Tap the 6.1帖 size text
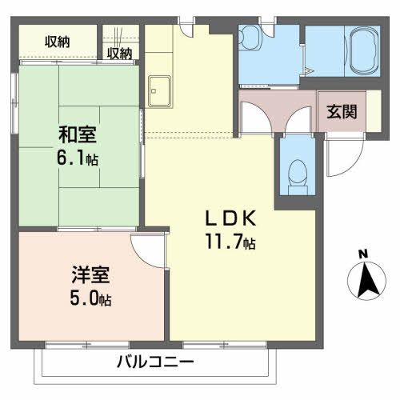point(77,158)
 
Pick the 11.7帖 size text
point(232,239)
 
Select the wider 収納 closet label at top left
point(57,40)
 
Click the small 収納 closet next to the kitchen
point(119,54)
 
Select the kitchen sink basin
point(158,89)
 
